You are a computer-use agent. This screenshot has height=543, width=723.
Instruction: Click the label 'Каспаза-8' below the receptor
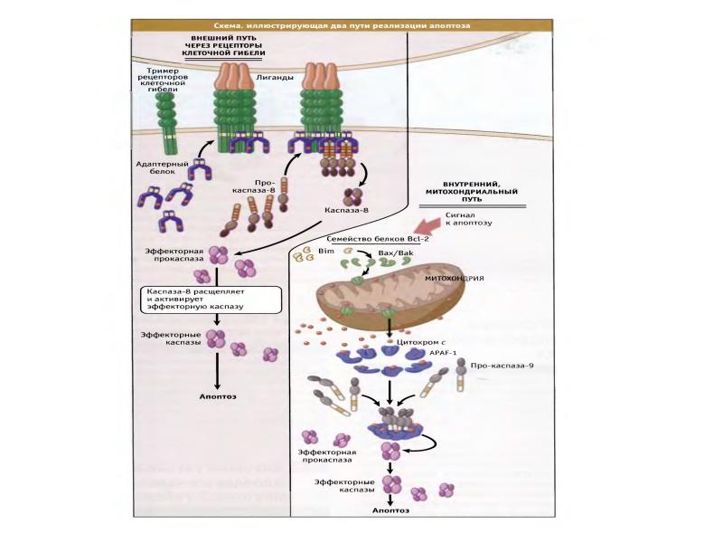[x=346, y=210]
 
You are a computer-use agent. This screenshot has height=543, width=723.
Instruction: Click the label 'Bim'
[x=326, y=252]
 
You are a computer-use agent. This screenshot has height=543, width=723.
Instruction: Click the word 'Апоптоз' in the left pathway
[x=217, y=396]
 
